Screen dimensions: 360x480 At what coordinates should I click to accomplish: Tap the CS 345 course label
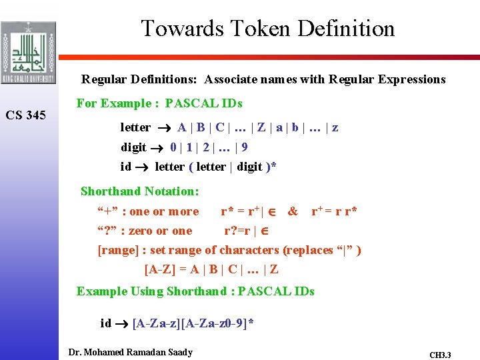tap(26, 115)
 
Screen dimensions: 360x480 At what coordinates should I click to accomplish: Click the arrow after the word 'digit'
tap(160, 147)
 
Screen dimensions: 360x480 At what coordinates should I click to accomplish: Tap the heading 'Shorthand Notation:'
tap(139, 191)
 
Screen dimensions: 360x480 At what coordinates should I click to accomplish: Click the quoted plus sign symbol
tap(108, 211)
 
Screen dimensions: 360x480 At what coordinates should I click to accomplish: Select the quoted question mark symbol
tap(107, 231)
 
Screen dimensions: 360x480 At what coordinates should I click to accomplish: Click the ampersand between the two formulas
tap(292, 211)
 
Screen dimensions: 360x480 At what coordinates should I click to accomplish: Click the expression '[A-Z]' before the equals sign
tap(161, 269)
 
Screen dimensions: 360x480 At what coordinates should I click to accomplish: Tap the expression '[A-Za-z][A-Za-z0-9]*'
tap(193, 323)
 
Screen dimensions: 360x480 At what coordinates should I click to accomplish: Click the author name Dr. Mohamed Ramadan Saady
tap(130, 351)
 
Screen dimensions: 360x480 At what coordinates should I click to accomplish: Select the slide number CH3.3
tap(440, 355)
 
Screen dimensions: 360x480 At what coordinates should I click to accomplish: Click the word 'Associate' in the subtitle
tap(230, 79)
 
